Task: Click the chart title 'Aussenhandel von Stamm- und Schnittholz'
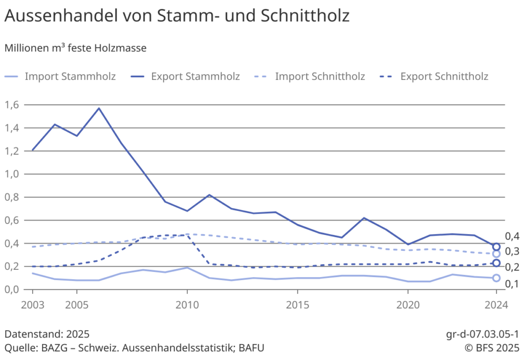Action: point(177,16)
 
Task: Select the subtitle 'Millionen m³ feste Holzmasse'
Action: point(75,48)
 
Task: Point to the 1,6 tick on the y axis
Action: point(12,104)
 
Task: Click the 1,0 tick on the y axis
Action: point(12,174)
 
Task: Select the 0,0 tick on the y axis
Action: point(12,290)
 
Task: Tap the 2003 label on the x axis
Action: point(32,305)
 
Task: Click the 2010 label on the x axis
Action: point(187,305)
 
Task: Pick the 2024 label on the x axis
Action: point(496,305)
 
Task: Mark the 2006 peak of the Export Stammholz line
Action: point(99,108)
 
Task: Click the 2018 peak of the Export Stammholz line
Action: point(363,218)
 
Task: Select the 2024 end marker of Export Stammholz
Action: point(496,247)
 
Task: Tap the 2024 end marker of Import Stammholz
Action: point(496,278)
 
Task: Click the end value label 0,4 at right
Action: point(512,236)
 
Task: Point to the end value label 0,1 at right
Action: point(512,283)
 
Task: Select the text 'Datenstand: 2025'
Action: point(47,334)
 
